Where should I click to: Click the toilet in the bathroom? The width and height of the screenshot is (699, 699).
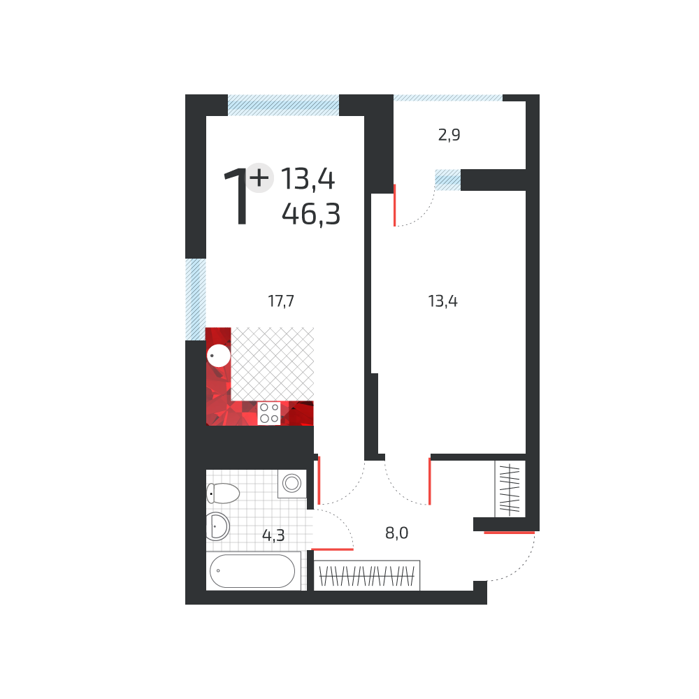[x=223, y=493]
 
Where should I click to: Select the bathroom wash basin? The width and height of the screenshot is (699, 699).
[x=218, y=526]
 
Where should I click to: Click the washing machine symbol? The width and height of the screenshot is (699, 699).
[x=291, y=483]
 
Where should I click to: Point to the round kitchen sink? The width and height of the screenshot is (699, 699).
[x=219, y=356]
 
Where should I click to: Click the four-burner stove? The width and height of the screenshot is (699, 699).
[x=269, y=413]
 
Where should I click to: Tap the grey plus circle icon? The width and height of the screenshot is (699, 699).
[x=259, y=178]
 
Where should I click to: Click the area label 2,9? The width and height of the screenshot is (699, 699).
[x=449, y=136]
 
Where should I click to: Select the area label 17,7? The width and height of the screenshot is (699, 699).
[x=281, y=301]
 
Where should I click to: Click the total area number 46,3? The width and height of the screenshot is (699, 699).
[x=311, y=213]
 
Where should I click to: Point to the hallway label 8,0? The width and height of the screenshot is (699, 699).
[x=396, y=533]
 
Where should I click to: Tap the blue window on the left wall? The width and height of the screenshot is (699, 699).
[x=196, y=299]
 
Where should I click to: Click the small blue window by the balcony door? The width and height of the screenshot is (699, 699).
[x=447, y=180]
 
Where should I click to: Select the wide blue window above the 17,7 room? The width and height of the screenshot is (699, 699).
[x=283, y=105]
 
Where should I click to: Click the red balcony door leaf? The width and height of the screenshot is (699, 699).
[x=395, y=205]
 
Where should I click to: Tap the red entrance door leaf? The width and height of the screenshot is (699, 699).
[x=509, y=533]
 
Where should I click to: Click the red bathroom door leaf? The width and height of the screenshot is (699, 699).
[x=332, y=549]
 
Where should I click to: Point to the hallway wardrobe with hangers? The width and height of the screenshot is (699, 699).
[x=368, y=576]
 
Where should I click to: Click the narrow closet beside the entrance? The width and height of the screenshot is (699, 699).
[x=510, y=487]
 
